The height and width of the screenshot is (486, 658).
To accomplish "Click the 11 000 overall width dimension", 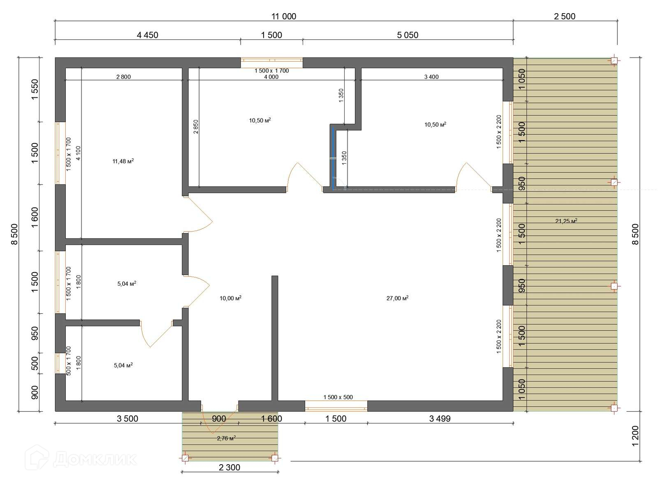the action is [x=284, y=16].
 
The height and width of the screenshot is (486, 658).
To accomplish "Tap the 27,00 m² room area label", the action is [x=397, y=298].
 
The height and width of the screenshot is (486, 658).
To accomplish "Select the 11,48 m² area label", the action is [x=123, y=161].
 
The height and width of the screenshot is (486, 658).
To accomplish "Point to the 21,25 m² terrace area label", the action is [x=566, y=221].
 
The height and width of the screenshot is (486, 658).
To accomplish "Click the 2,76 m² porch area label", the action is [x=226, y=438].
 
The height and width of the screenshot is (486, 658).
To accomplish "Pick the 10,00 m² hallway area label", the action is [x=230, y=298].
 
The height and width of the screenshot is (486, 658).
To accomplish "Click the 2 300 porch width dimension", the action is [x=229, y=467].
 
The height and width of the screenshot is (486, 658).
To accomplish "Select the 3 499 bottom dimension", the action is [x=440, y=419].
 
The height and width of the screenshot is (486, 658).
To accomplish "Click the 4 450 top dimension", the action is [x=148, y=35].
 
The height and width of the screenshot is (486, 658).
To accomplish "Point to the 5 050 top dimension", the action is [x=408, y=35].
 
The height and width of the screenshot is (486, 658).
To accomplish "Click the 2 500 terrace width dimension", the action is [x=565, y=16].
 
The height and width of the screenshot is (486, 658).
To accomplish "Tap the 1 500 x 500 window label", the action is [x=338, y=397].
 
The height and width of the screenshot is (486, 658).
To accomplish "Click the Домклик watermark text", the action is [x=95, y=460].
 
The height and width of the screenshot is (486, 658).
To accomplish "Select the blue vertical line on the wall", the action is [x=333, y=158].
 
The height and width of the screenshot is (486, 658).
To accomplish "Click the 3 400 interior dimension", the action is [x=431, y=77].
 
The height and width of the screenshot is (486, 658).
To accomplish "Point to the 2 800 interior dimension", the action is [x=123, y=77].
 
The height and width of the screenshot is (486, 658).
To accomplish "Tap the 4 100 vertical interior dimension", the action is [x=78, y=153].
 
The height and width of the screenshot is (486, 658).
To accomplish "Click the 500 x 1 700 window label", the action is [x=69, y=361].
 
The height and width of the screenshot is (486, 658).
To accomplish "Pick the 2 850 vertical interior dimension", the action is [x=196, y=127].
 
